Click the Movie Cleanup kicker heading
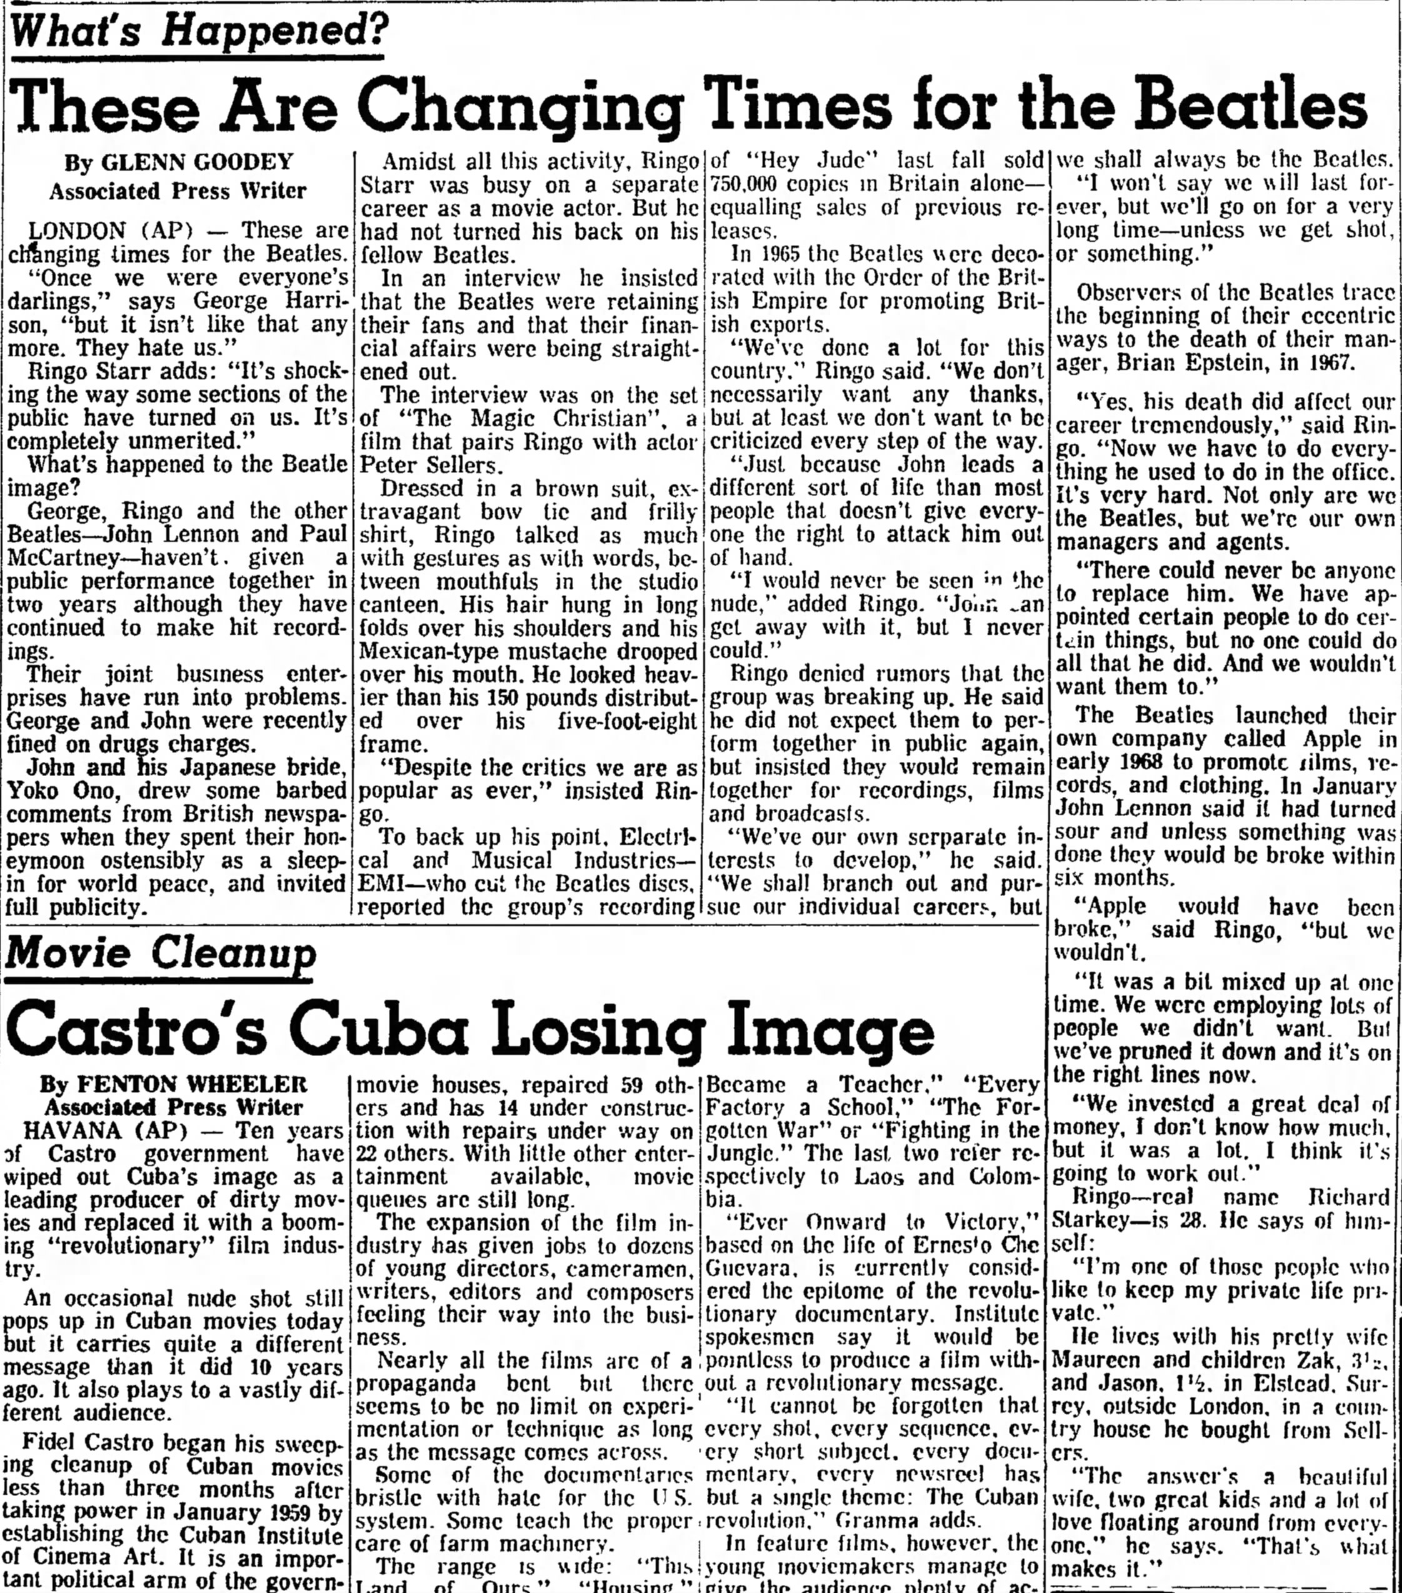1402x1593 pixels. [x=160, y=953]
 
